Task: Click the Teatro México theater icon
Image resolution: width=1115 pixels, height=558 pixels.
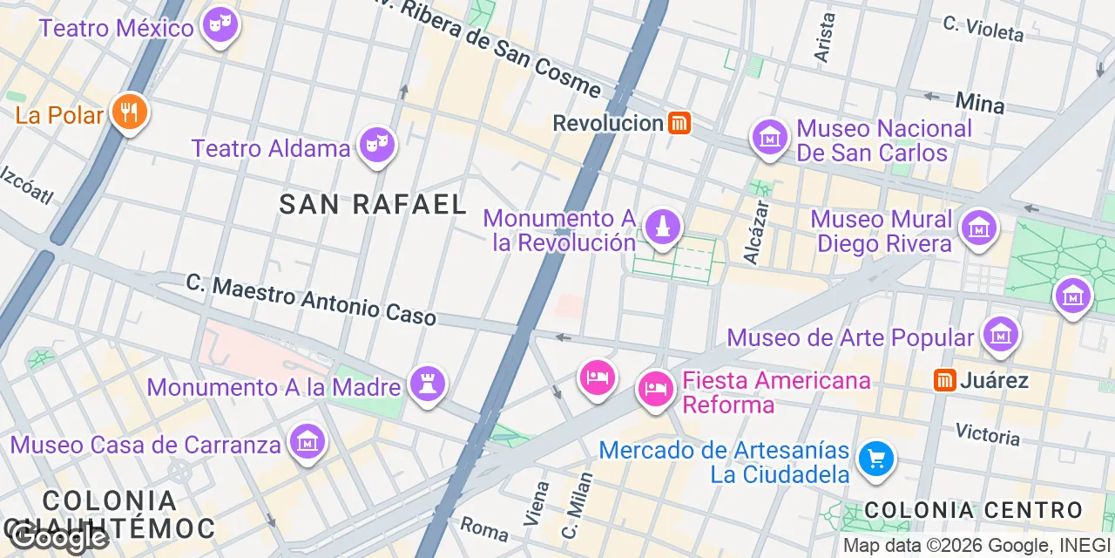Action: coord(219,25)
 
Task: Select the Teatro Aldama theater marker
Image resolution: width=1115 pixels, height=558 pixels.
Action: coord(376,146)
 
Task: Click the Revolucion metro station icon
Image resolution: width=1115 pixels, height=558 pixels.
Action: coord(679,123)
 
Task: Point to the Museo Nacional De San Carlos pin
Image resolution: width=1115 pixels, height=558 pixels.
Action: coord(770,139)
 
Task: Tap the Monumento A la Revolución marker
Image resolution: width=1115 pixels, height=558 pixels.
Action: coord(663,228)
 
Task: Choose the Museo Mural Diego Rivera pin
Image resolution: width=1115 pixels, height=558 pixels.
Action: coord(978,228)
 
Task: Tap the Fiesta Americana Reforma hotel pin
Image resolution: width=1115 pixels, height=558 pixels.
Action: coord(653,387)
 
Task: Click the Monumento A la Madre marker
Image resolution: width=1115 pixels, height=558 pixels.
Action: coord(428,384)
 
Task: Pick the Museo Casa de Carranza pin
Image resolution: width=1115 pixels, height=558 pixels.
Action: coord(306,442)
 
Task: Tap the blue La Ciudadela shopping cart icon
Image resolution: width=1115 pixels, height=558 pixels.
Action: coord(875,459)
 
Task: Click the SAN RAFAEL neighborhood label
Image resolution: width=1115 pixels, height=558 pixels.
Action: coord(373,205)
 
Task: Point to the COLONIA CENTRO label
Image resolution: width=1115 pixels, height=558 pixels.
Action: coord(973,510)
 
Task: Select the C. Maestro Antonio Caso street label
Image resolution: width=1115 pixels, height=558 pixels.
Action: coord(311,299)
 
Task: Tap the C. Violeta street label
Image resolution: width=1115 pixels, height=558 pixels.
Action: coord(983,28)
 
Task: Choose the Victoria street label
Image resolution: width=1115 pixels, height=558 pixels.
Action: coord(987,432)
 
